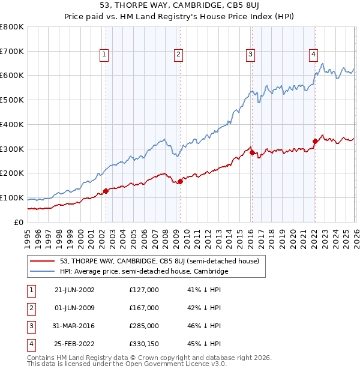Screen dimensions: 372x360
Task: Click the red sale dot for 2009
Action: (x=180, y=181)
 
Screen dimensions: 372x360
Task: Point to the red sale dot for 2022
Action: (x=314, y=142)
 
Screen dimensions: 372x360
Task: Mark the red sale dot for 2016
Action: (x=252, y=152)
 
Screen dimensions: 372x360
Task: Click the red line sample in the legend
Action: (x=43, y=261)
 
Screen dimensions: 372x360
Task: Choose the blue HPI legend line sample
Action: (x=43, y=272)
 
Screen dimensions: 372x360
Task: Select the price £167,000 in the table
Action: (x=144, y=308)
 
